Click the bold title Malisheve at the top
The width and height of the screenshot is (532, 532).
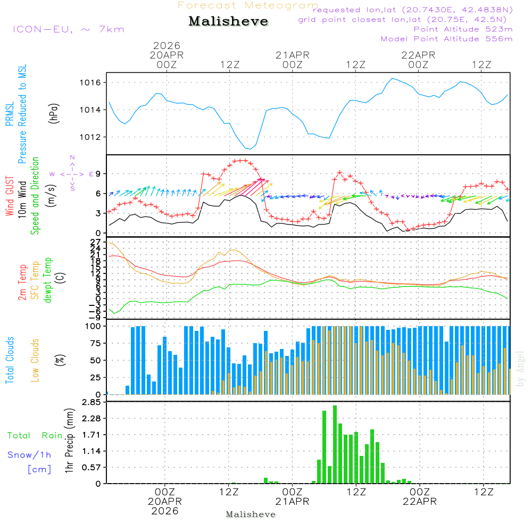click(x=228, y=22)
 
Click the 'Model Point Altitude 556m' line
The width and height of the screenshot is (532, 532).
click(x=447, y=39)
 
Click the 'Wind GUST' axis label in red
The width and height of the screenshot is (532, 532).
click(x=10, y=196)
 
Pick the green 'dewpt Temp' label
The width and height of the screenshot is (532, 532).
click(x=47, y=281)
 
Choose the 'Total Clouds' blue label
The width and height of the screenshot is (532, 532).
click(x=10, y=360)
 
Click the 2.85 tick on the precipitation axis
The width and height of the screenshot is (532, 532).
click(x=92, y=402)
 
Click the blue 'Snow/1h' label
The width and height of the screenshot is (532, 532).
click(x=29, y=455)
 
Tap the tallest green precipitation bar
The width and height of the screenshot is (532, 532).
click(x=335, y=444)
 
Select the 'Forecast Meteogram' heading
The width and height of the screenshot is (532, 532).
click(x=248, y=5)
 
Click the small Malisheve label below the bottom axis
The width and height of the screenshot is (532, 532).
click(x=251, y=514)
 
